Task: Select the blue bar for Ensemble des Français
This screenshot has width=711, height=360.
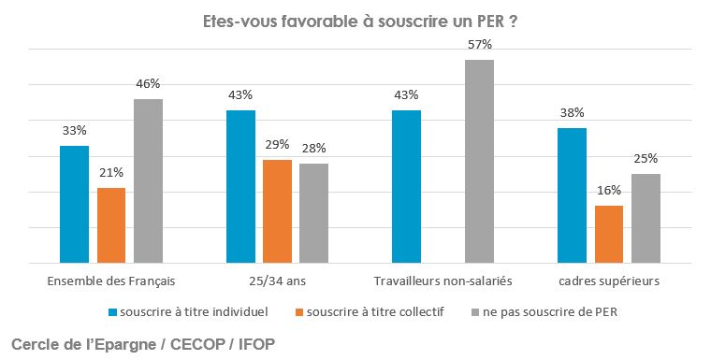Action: pyautogui.click(x=74, y=205)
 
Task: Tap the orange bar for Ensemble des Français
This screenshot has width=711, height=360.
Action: pyautogui.click(x=111, y=225)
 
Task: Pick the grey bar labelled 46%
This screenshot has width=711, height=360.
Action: pyautogui.click(x=148, y=181)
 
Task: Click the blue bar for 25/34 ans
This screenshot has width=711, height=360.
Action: pyautogui.click(x=240, y=187)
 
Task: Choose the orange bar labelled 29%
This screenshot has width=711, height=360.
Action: pyautogui.click(x=277, y=211)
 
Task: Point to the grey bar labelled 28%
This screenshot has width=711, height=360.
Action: pyautogui.click(x=314, y=213)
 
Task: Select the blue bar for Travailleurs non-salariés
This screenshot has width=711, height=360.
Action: pyautogui.click(x=406, y=187)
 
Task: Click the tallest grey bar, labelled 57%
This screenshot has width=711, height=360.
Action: pyautogui.click(x=480, y=162)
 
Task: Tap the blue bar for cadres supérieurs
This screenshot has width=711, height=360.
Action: pyautogui.click(x=572, y=195)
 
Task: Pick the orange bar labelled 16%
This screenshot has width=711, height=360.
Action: pyautogui.click(x=609, y=235)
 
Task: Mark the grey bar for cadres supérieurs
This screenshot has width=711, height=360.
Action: pyautogui.click(x=646, y=219)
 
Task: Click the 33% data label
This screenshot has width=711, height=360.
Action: pyautogui.click(x=74, y=131)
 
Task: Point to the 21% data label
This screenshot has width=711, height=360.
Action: pyautogui.click(x=111, y=173)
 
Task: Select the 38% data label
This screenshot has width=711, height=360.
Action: pyautogui.click(x=572, y=113)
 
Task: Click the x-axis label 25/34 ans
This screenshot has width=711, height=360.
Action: pyautogui.click(x=277, y=280)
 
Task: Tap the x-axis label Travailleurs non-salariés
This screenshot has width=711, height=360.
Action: pyautogui.click(x=443, y=280)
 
